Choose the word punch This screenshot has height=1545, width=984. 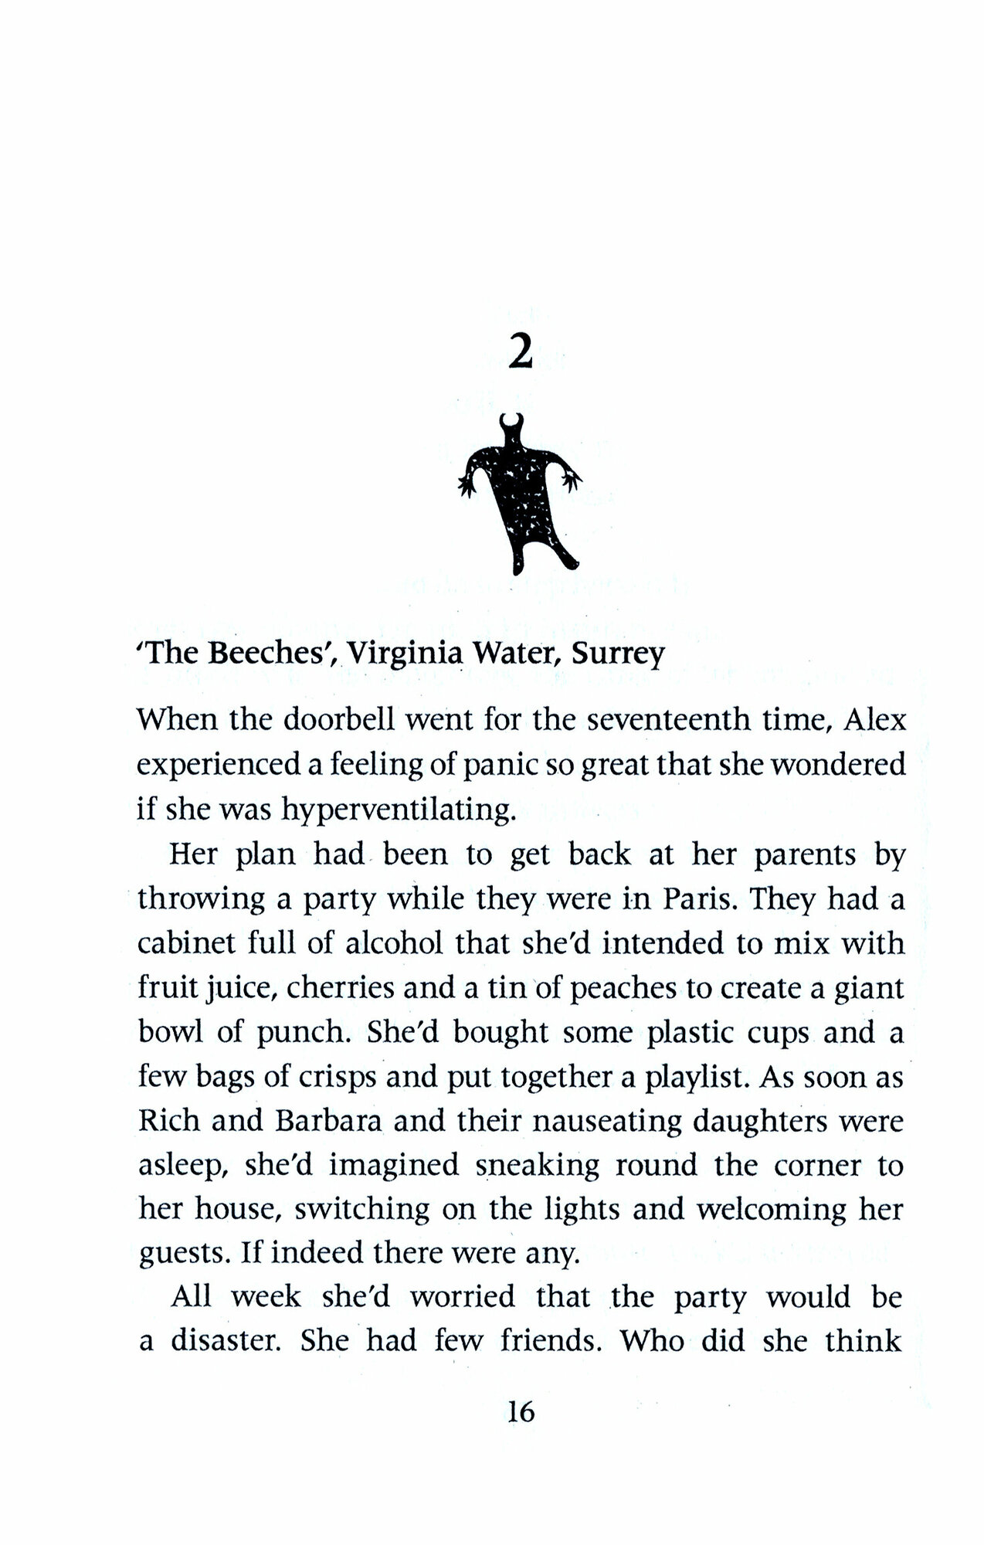tap(297, 1034)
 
